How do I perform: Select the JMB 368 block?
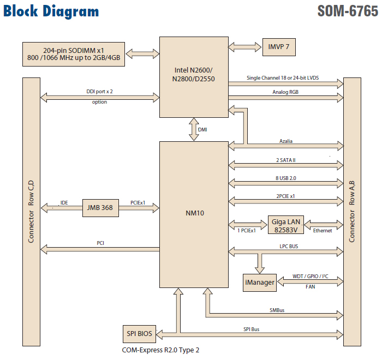[100, 207]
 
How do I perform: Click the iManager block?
[259, 283]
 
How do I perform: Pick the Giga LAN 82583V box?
[286, 225]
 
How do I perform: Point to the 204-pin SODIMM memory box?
[73, 53]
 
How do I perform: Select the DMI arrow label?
[202, 130]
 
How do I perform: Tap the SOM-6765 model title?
[347, 11]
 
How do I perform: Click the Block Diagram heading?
[51, 11]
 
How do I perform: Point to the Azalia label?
[286, 141]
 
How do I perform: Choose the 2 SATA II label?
[286, 160]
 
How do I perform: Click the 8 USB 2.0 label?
[286, 178]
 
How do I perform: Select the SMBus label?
[277, 310]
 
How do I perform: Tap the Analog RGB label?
[286, 93]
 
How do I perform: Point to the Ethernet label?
[322, 231]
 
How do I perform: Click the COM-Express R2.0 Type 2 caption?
[162, 350]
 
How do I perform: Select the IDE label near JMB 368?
[64, 202]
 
